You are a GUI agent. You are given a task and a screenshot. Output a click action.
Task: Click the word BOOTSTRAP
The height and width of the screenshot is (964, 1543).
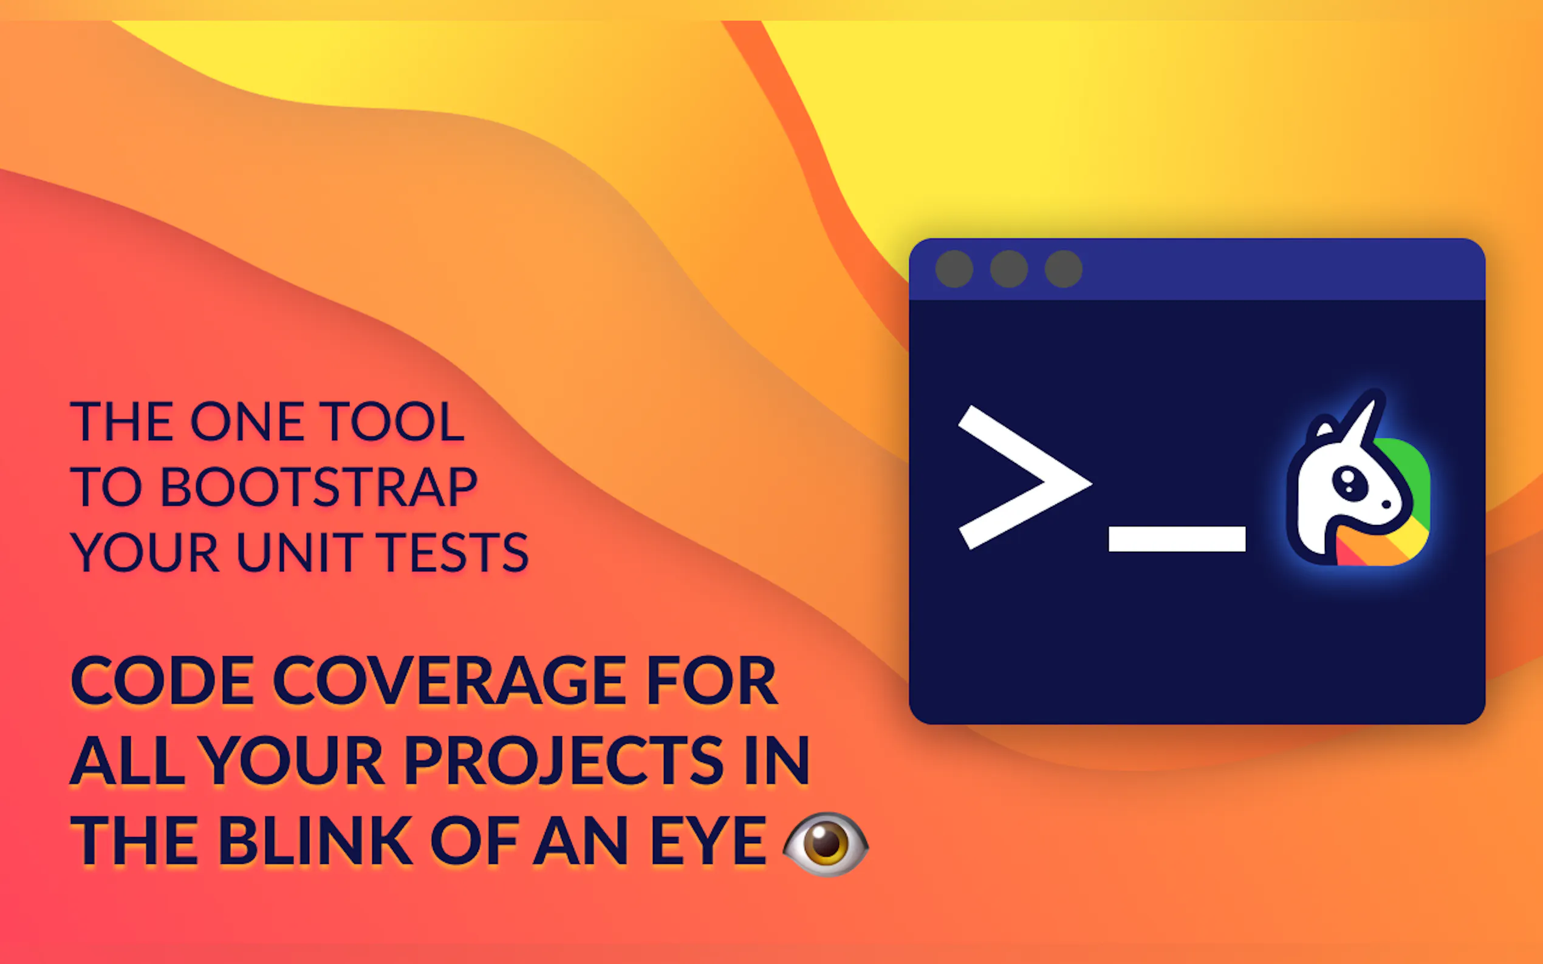319,486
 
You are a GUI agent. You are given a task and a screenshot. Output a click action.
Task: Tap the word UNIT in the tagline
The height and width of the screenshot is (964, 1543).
298,552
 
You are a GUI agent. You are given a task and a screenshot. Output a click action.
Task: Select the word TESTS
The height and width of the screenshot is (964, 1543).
452,552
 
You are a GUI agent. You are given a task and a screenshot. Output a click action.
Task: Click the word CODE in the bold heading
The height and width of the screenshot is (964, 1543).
162,681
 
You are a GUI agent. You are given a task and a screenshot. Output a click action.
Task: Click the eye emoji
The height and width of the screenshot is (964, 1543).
826,844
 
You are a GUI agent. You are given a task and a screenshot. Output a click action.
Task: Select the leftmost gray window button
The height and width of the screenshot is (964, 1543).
954,269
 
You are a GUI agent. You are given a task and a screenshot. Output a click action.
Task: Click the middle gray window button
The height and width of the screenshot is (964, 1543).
1009,269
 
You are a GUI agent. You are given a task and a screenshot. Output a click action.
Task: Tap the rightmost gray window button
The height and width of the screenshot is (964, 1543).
1064,269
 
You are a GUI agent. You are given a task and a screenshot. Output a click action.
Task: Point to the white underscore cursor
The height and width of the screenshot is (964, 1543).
1177,538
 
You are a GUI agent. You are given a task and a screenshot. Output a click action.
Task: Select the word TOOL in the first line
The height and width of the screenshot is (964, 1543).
392,421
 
